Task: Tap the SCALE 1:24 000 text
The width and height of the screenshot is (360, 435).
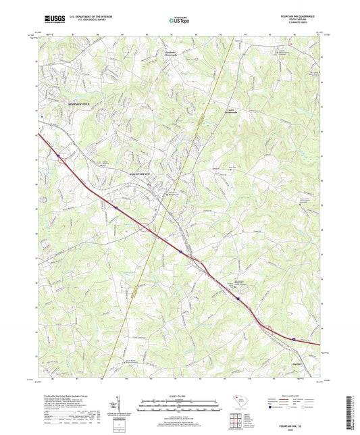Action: [x=180, y=395]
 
